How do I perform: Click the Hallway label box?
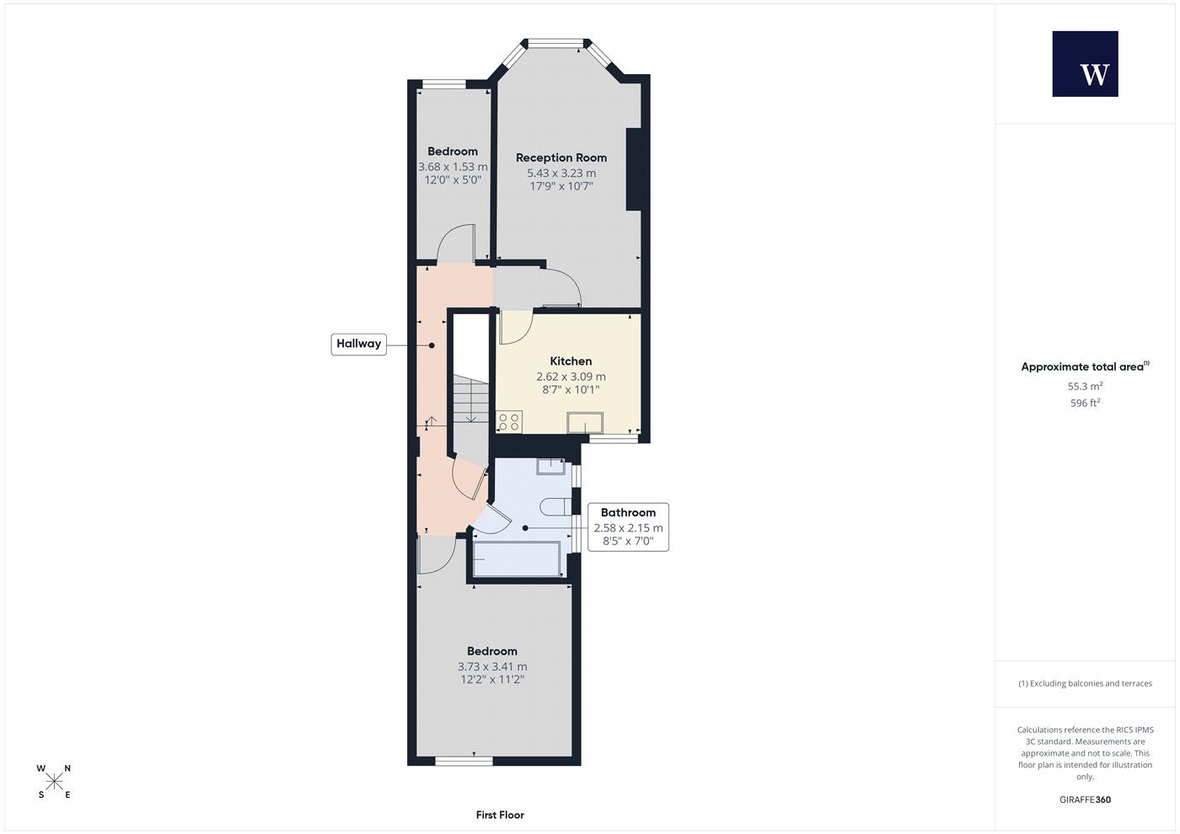coord(359,344)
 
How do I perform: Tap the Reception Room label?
coord(561,158)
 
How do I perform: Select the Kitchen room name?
coord(571,361)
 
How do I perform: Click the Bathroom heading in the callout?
coord(628,512)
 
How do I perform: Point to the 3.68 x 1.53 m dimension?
coord(453,167)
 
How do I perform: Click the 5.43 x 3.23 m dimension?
coord(561,174)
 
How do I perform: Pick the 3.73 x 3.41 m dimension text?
coord(492,666)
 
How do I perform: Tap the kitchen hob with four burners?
coord(509,422)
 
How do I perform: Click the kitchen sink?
coord(585,423)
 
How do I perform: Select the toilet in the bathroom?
coord(555,506)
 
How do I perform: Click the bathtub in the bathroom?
coord(516,559)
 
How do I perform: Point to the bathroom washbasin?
coord(550,467)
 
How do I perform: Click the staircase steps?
coord(471,400)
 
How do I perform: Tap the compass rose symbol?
coord(54,782)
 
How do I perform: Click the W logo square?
coord(1086,64)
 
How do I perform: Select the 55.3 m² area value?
coord(1086,386)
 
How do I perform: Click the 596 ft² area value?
coord(1086,403)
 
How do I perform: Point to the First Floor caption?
coord(500,815)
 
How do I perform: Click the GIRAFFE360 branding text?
coord(1086,799)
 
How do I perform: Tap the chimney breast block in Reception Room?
coord(633,169)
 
